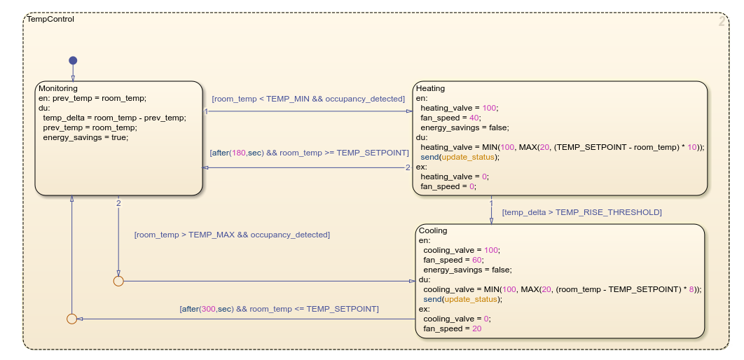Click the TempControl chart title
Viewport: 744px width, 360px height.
click(50, 19)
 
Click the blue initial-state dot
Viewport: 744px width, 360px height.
click(73, 60)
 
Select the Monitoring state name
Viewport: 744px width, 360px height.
click(58, 88)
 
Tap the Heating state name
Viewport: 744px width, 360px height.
click(430, 88)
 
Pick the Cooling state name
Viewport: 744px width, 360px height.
click(432, 230)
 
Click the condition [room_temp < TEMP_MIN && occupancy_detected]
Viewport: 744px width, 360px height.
click(308, 99)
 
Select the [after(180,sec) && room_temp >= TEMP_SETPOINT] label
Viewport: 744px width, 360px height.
click(309, 152)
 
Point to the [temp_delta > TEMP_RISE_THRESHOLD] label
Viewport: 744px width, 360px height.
click(581, 212)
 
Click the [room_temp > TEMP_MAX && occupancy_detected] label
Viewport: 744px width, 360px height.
click(232, 235)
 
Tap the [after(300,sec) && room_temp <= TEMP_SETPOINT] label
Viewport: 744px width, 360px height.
click(279, 308)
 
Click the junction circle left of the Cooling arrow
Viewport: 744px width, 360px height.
click(118, 281)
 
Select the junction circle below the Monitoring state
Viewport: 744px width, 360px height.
click(71, 319)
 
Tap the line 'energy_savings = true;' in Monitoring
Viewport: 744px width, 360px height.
click(85, 137)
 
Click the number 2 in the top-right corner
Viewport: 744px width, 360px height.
click(722, 22)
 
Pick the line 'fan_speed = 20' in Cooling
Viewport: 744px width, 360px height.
click(452, 328)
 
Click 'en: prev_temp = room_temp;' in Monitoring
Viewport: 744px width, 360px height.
click(92, 98)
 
